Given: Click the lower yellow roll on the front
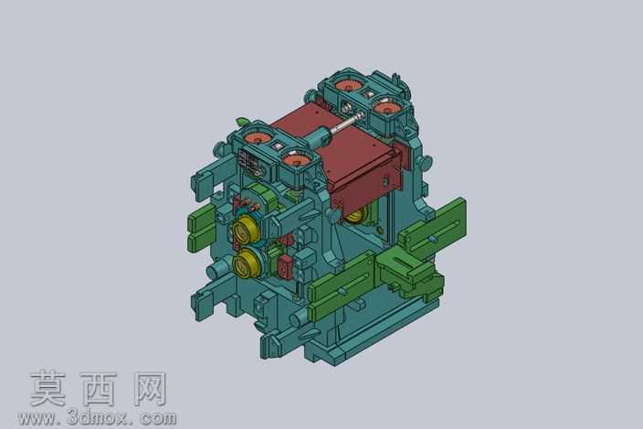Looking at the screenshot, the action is (x=245, y=263).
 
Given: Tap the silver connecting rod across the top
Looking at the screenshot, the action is (x=348, y=123).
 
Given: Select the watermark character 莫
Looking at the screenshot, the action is (x=48, y=389).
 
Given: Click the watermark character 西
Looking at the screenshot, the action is (x=99, y=389).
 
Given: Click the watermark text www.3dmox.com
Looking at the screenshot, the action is (x=97, y=418).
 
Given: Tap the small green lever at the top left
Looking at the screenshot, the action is (x=242, y=121).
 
